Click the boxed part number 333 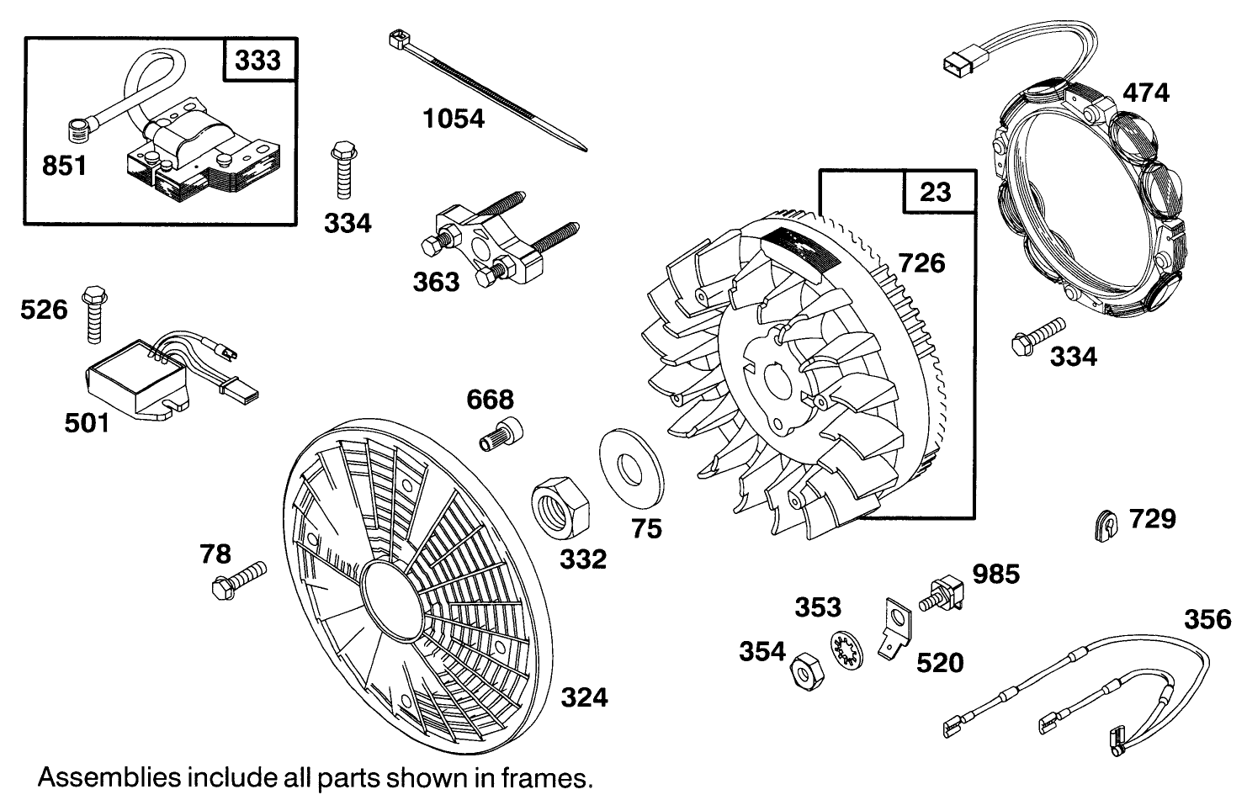258,61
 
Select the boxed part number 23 934,192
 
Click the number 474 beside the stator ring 1145,92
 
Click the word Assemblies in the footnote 95,776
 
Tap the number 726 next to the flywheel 922,263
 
